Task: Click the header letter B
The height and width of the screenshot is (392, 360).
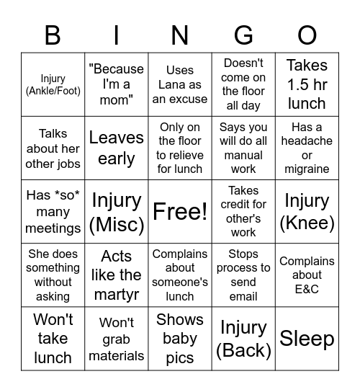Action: (x=53, y=35)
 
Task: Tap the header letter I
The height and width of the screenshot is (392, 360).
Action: (x=117, y=35)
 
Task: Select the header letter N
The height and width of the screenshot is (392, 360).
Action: (x=180, y=35)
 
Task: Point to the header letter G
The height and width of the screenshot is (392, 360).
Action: (x=243, y=35)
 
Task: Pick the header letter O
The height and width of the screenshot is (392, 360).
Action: (x=307, y=35)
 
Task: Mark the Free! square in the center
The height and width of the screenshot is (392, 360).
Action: (x=180, y=211)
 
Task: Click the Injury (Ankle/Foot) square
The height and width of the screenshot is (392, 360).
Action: (x=53, y=84)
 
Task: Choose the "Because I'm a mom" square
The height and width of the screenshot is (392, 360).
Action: (x=117, y=84)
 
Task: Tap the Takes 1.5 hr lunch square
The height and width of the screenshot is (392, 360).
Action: (x=307, y=84)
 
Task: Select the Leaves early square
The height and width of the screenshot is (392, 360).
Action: (x=117, y=148)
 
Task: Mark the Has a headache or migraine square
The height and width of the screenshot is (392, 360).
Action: (x=307, y=148)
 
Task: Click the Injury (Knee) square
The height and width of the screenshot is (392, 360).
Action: (x=307, y=211)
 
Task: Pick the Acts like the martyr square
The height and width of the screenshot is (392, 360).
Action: (x=117, y=275)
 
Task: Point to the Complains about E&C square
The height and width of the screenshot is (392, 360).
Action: (x=307, y=275)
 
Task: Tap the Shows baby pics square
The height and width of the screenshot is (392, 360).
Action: (x=180, y=338)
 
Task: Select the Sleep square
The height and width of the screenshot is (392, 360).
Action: (x=307, y=338)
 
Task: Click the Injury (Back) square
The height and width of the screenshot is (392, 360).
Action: (x=243, y=338)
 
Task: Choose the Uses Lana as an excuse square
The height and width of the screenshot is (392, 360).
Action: (x=180, y=84)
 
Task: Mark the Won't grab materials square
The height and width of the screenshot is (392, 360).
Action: (x=117, y=338)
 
